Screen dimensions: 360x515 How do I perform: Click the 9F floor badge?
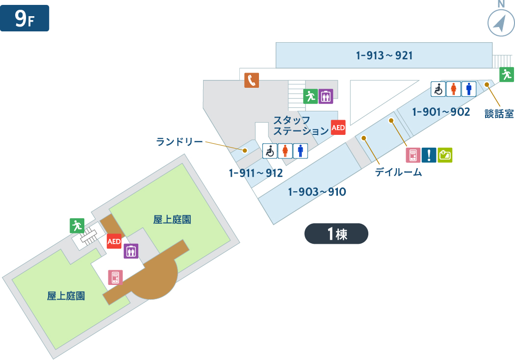(25, 18)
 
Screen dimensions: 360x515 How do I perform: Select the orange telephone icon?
(252, 80)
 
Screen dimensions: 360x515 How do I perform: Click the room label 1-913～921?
(384, 55)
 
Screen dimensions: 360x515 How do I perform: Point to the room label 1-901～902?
(441, 112)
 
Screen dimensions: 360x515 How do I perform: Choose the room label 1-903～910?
(317, 192)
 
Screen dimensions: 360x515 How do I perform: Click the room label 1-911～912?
(256, 173)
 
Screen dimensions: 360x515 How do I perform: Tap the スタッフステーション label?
(300, 126)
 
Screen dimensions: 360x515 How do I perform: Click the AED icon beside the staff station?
(338, 128)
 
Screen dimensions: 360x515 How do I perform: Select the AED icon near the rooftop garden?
(114, 241)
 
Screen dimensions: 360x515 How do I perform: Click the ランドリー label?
(179, 142)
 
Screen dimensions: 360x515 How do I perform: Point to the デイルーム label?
(398, 172)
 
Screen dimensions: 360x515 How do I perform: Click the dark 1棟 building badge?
(336, 233)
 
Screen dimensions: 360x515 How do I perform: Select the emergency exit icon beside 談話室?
(507, 75)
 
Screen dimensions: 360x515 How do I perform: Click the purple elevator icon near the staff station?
(326, 96)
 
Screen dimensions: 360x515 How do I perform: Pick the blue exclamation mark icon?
(429, 155)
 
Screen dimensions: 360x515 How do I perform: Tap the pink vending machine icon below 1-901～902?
(413, 155)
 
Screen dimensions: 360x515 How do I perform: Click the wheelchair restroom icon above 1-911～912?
(270, 151)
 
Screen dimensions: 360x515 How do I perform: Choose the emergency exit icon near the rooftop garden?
(77, 225)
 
